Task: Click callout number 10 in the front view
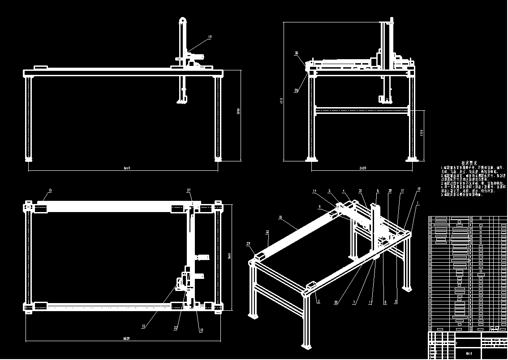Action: (210, 37)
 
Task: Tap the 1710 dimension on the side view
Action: (422, 133)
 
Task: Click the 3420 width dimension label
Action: (363, 168)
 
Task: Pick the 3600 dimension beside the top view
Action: (229, 256)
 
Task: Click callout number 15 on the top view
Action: (49, 191)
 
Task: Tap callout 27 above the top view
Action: (189, 191)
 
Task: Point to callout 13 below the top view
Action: (143, 326)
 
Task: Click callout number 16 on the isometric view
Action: (280, 217)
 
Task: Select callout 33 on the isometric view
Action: (267, 232)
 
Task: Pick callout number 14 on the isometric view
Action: (314, 191)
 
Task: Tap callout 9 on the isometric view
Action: (319, 207)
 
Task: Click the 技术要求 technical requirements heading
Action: (469, 163)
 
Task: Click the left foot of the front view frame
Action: (29, 159)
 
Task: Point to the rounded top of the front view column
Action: (183, 20)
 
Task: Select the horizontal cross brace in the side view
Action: (362, 109)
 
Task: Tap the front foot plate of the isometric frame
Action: (307, 346)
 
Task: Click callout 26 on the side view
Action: (296, 91)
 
